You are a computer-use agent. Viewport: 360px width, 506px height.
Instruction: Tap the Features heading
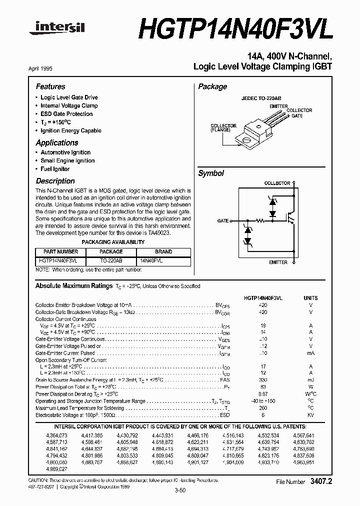point(50,86)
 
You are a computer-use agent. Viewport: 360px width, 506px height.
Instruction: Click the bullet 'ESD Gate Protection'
point(66,114)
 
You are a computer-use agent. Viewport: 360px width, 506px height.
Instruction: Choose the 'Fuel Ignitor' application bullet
point(55,169)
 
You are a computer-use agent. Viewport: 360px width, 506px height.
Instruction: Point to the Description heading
point(55,181)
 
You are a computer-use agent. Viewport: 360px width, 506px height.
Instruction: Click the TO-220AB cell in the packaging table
point(111,261)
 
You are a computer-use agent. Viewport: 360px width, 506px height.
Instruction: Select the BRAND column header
point(163,252)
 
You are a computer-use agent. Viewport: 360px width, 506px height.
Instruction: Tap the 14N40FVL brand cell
point(151,261)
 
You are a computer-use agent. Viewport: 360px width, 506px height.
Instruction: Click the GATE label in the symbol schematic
point(223,220)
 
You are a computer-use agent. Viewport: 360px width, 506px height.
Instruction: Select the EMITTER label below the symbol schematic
point(278,262)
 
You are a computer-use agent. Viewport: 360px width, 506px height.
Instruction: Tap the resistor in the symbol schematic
point(260,220)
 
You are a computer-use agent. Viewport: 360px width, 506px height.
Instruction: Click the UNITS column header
point(310,298)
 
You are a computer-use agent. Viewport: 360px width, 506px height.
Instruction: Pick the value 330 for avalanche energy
point(263,380)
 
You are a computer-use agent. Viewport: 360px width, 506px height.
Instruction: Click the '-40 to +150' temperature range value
point(263,401)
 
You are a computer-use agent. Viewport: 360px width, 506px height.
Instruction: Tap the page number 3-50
point(180,490)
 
